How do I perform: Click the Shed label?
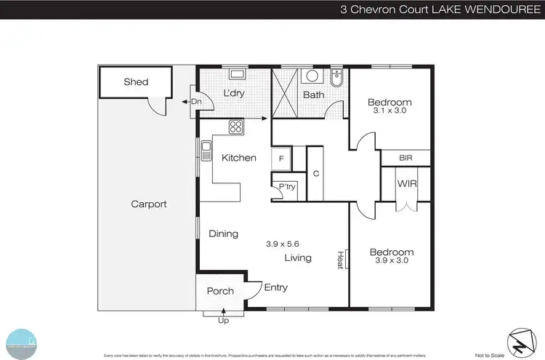(x=136, y=82)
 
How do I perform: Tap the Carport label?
(x=148, y=204)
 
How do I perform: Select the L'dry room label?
(x=233, y=94)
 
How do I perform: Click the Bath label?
(x=314, y=95)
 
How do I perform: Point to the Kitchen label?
(x=239, y=158)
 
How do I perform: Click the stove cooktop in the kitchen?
(x=236, y=127)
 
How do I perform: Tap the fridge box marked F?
(x=280, y=158)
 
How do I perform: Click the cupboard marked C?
(x=316, y=173)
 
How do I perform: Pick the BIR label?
(x=405, y=158)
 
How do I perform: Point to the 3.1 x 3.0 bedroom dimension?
(x=389, y=112)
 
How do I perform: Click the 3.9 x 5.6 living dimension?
(x=283, y=244)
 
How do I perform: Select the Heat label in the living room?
(x=339, y=259)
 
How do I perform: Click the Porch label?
(x=220, y=292)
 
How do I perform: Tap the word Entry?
(x=275, y=288)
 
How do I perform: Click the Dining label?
(x=223, y=234)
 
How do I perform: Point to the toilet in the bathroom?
(x=336, y=76)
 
